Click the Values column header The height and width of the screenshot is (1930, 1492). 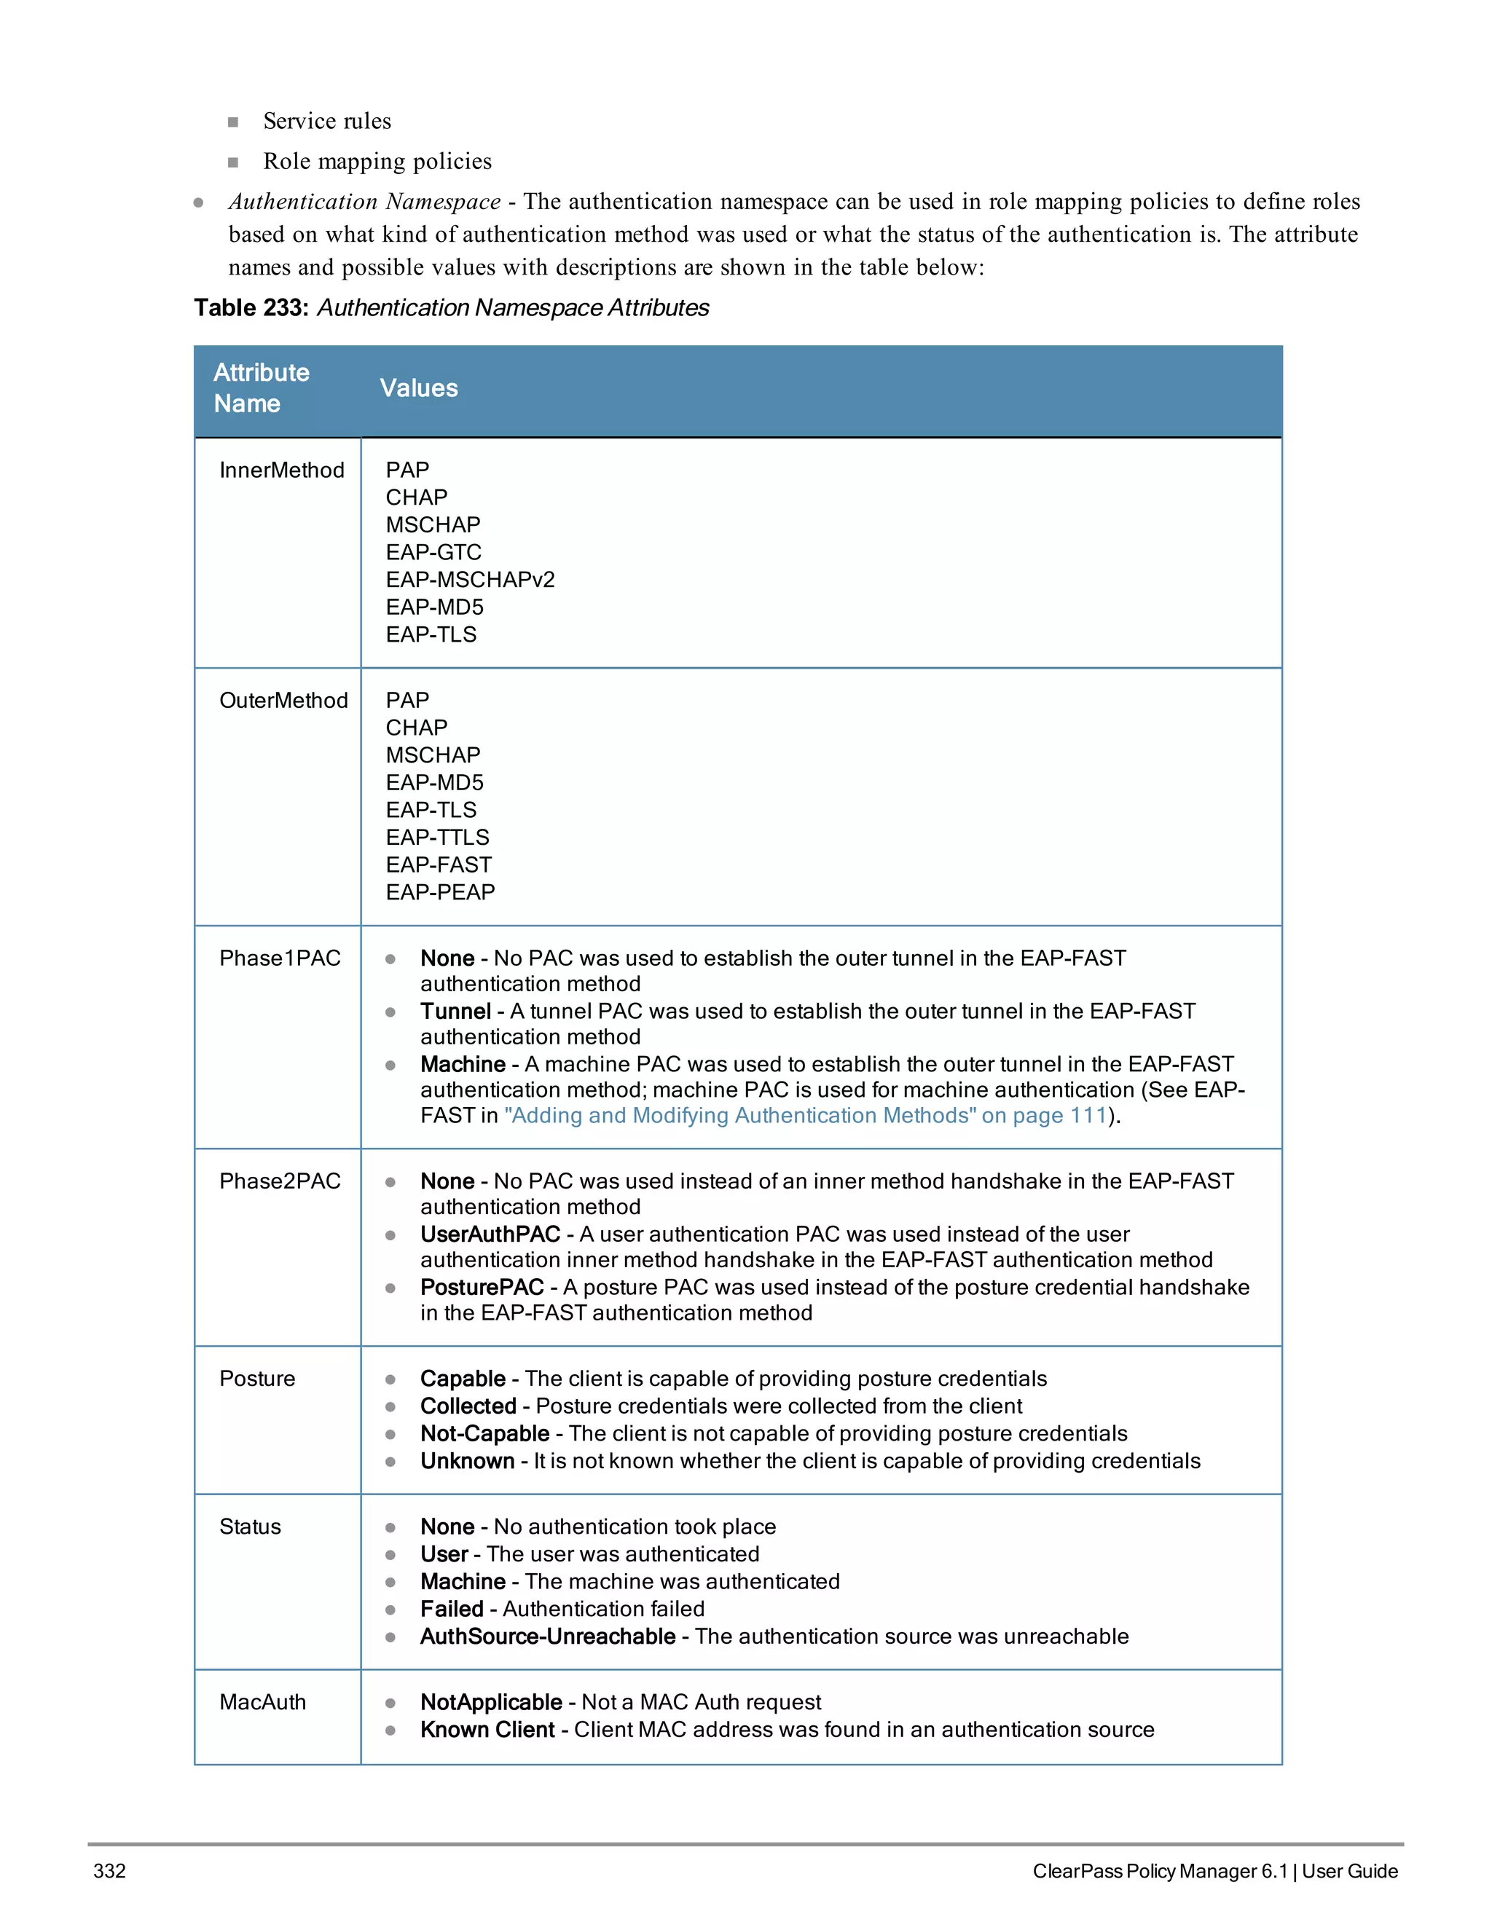(418, 388)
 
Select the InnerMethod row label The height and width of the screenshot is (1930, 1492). (281, 470)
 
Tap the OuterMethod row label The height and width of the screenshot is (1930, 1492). (283, 700)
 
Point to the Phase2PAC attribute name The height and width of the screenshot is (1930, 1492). (279, 1181)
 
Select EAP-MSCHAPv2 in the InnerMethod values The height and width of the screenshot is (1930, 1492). (469, 580)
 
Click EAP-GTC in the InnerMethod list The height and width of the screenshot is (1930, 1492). (433, 552)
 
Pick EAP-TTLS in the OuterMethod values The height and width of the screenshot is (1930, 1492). (436, 837)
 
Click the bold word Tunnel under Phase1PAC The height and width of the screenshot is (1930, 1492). (455, 1011)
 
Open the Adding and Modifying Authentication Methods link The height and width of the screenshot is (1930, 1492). (804, 1115)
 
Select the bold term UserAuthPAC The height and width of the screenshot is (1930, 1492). (490, 1234)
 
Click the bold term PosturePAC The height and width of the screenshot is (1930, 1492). (482, 1287)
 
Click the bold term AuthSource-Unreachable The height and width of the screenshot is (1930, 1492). (547, 1636)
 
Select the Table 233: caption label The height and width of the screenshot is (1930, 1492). (251, 307)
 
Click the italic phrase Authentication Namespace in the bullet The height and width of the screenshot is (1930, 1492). (364, 202)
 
